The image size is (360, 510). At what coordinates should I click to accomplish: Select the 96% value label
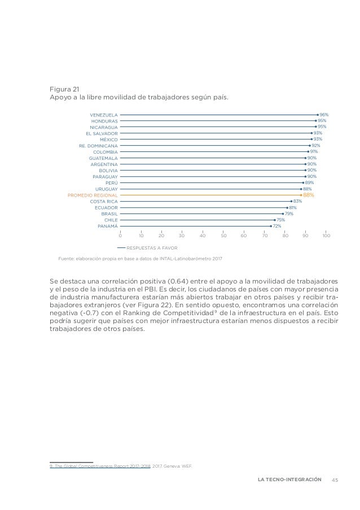coord(324,114)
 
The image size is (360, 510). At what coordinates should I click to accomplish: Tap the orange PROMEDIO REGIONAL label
coord(93,195)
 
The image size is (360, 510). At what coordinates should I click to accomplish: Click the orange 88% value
coord(308,195)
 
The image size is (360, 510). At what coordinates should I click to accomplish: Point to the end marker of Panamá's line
coord(270,226)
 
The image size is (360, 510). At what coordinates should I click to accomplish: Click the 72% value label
coord(276,226)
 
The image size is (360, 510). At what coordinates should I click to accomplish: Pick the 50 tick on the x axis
coord(223,235)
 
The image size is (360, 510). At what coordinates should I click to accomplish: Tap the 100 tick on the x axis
coord(326,235)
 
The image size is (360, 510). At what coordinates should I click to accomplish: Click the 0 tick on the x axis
coord(120,235)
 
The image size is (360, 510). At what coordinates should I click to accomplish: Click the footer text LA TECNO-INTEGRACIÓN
coord(289,480)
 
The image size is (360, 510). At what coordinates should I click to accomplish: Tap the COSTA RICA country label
coord(104,201)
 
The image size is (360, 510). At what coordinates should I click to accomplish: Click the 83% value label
coord(297,201)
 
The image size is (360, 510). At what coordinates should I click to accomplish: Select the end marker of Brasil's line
coord(283,213)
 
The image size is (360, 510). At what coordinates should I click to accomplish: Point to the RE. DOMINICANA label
coord(99,145)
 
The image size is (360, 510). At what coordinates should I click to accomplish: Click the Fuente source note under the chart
coord(141,258)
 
